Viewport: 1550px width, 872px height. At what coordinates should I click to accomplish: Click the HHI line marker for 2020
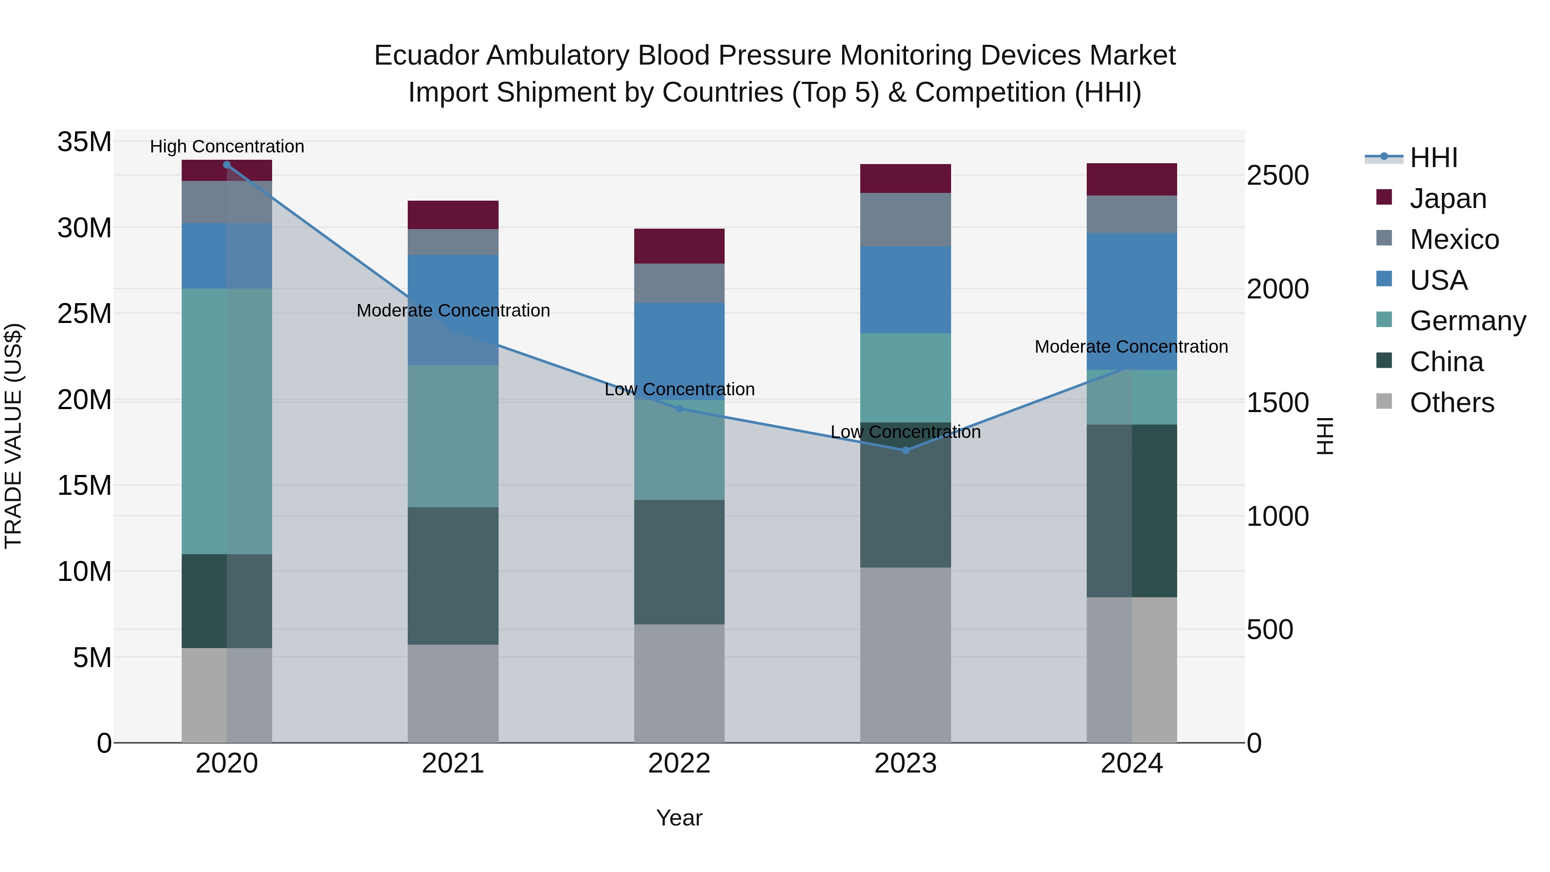pyautogui.click(x=227, y=165)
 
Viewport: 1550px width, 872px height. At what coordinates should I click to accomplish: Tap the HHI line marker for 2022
pyautogui.click(x=679, y=409)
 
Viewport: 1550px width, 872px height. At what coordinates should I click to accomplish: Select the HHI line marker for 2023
pyautogui.click(x=905, y=450)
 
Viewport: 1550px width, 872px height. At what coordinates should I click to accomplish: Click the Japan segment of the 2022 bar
pyautogui.click(x=679, y=246)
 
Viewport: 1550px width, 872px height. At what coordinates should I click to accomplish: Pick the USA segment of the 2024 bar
pyautogui.click(x=1132, y=301)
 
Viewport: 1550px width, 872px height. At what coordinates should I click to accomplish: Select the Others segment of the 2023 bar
pyautogui.click(x=905, y=655)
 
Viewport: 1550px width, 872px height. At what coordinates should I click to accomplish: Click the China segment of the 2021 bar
pyautogui.click(x=453, y=576)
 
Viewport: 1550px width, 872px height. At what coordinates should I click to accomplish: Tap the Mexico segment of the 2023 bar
pyautogui.click(x=905, y=220)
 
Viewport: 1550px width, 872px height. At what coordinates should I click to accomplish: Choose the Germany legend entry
pyautogui.click(x=1468, y=321)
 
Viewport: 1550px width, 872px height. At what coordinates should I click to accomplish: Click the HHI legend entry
pyautogui.click(x=1433, y=158)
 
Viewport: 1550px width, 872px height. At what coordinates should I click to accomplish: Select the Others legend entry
pyautogui.click(x=1451, y=403)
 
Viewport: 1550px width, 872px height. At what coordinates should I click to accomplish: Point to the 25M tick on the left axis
pyautogui.click(x=84, y=313)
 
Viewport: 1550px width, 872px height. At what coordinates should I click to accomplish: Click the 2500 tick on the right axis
pyautogui.click(x=1277, y=176)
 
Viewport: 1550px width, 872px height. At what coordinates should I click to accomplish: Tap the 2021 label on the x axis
pyautogui.click(x=453, y=763)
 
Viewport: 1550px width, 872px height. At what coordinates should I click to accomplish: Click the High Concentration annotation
pyautogui.click(x=227, y=146)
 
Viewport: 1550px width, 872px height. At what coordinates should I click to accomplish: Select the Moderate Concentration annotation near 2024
pyautogui.click(x=1131, y=347)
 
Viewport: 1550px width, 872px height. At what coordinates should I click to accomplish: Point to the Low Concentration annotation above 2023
pyautogui.click(x=905, y=432)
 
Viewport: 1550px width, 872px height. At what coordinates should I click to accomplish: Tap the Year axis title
pyautogui.click(x=679, y=818)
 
